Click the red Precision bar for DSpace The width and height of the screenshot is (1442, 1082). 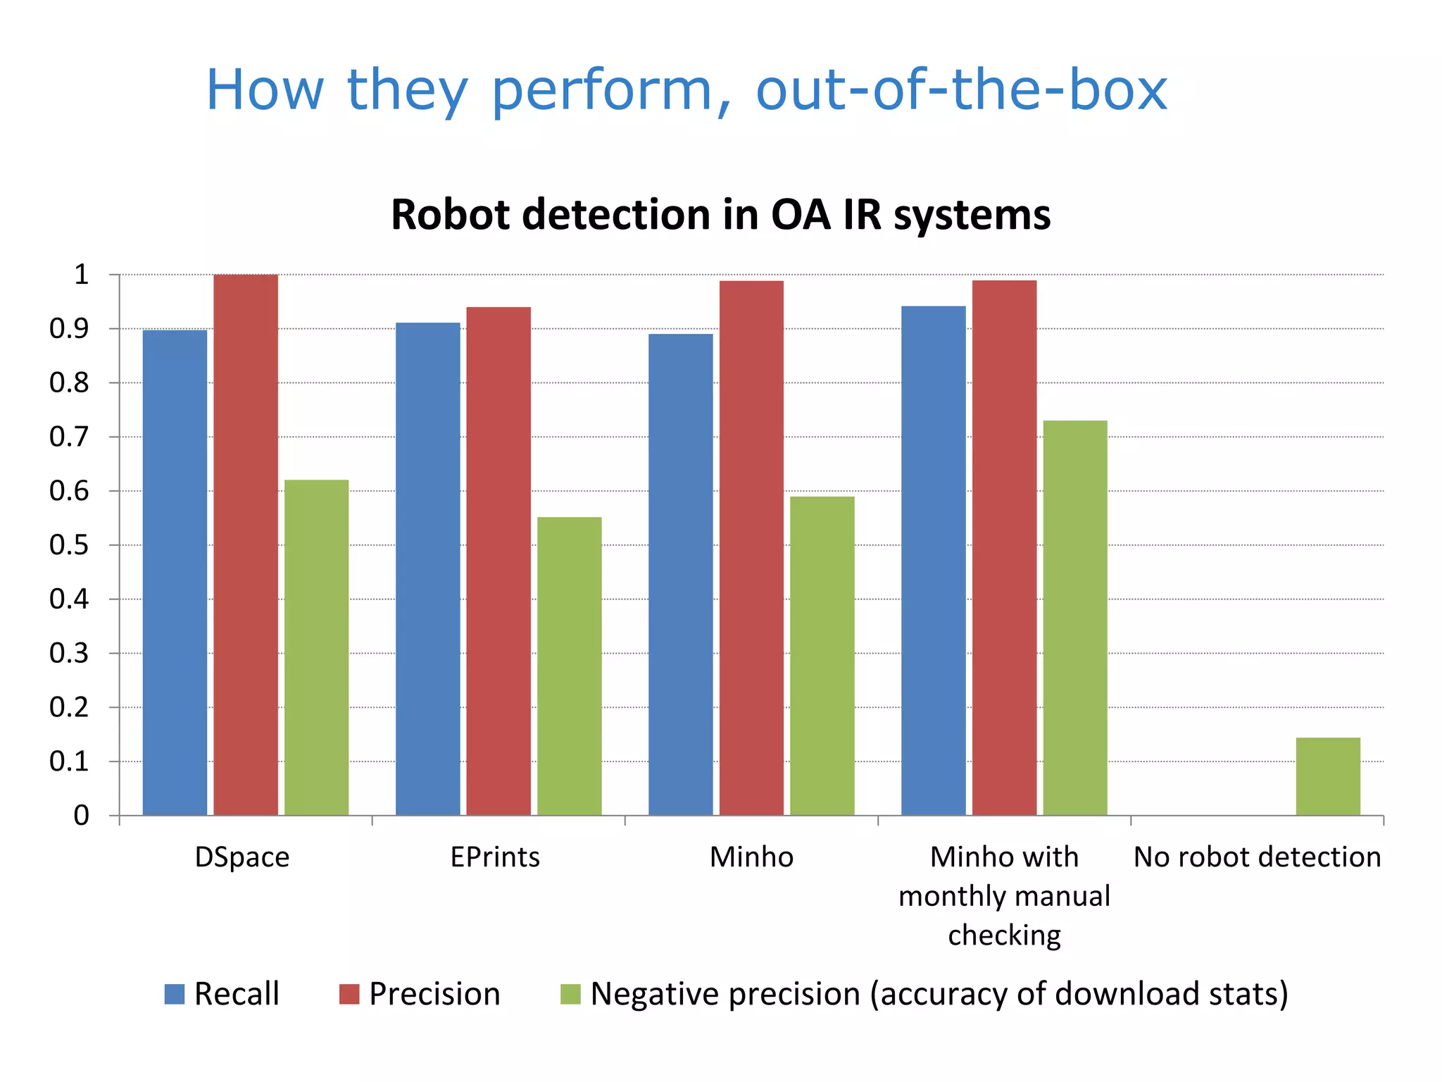coord(246,545)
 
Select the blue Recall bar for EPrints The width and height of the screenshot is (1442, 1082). coord(427,568)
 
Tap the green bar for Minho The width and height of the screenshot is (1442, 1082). coord(822,656)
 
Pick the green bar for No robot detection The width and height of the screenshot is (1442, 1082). coord(1328,776)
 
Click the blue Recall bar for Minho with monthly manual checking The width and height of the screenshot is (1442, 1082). coord(933,561)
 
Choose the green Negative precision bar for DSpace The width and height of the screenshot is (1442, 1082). coord(316,647)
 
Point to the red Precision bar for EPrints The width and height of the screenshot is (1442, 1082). coord(499,561)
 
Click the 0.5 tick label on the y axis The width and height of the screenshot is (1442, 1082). coord(70,545)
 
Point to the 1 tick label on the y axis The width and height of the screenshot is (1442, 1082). coord(82,275)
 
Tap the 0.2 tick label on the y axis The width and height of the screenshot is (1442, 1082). coord(70,707)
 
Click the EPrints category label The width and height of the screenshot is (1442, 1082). coord(495,857)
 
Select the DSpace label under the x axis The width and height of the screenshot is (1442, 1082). coord(242,857)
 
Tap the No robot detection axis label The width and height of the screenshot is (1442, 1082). coord(1257,857)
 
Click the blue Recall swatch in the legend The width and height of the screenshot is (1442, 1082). coord(175,994)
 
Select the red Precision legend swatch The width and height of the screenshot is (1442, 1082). coord(349,994)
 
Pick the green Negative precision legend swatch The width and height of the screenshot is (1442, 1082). coord(570,994)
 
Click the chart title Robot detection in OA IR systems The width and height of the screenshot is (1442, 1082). coord(720,214)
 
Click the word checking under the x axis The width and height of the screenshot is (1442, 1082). coord(1004,935)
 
